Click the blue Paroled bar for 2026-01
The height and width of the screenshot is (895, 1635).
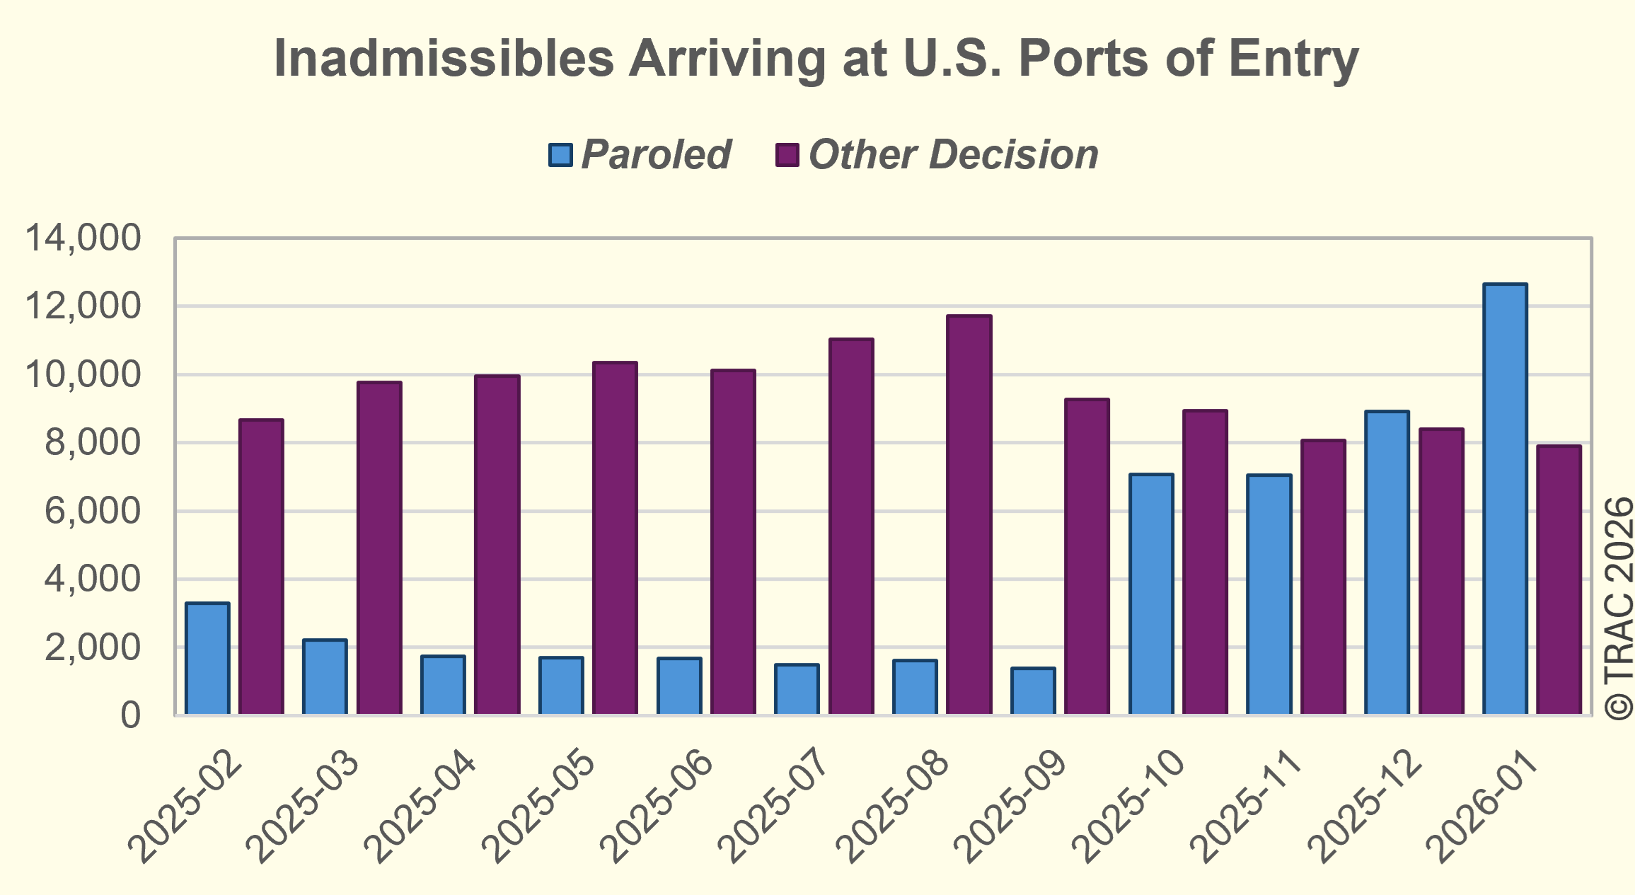pos(1505,499)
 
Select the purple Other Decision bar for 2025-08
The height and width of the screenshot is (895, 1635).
pos(969,514)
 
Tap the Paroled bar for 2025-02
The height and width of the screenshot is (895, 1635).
pos(207,658)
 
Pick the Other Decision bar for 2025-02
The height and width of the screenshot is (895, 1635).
pos(261,566)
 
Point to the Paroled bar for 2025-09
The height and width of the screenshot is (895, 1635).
pos(1033,691)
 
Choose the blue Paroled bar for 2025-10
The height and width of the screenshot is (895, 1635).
pos(1151,594)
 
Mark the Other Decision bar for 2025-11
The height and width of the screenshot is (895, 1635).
pos(1323,577)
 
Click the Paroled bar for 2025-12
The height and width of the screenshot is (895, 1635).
pos(1387,562)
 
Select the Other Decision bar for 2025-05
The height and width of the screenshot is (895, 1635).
pos(615,538)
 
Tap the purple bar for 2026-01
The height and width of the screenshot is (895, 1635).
pos(1559,579)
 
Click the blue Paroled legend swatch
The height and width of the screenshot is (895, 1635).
pos(560,155)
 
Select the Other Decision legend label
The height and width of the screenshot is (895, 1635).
pos(953,155)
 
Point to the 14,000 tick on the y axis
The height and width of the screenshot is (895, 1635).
pos(83,238)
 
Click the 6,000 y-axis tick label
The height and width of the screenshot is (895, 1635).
pos(93,511)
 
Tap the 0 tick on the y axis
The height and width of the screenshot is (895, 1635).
pos(131,715)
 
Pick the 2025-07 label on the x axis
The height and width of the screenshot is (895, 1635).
pos(775,806)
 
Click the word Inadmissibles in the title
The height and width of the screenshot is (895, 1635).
pos(444,58)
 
